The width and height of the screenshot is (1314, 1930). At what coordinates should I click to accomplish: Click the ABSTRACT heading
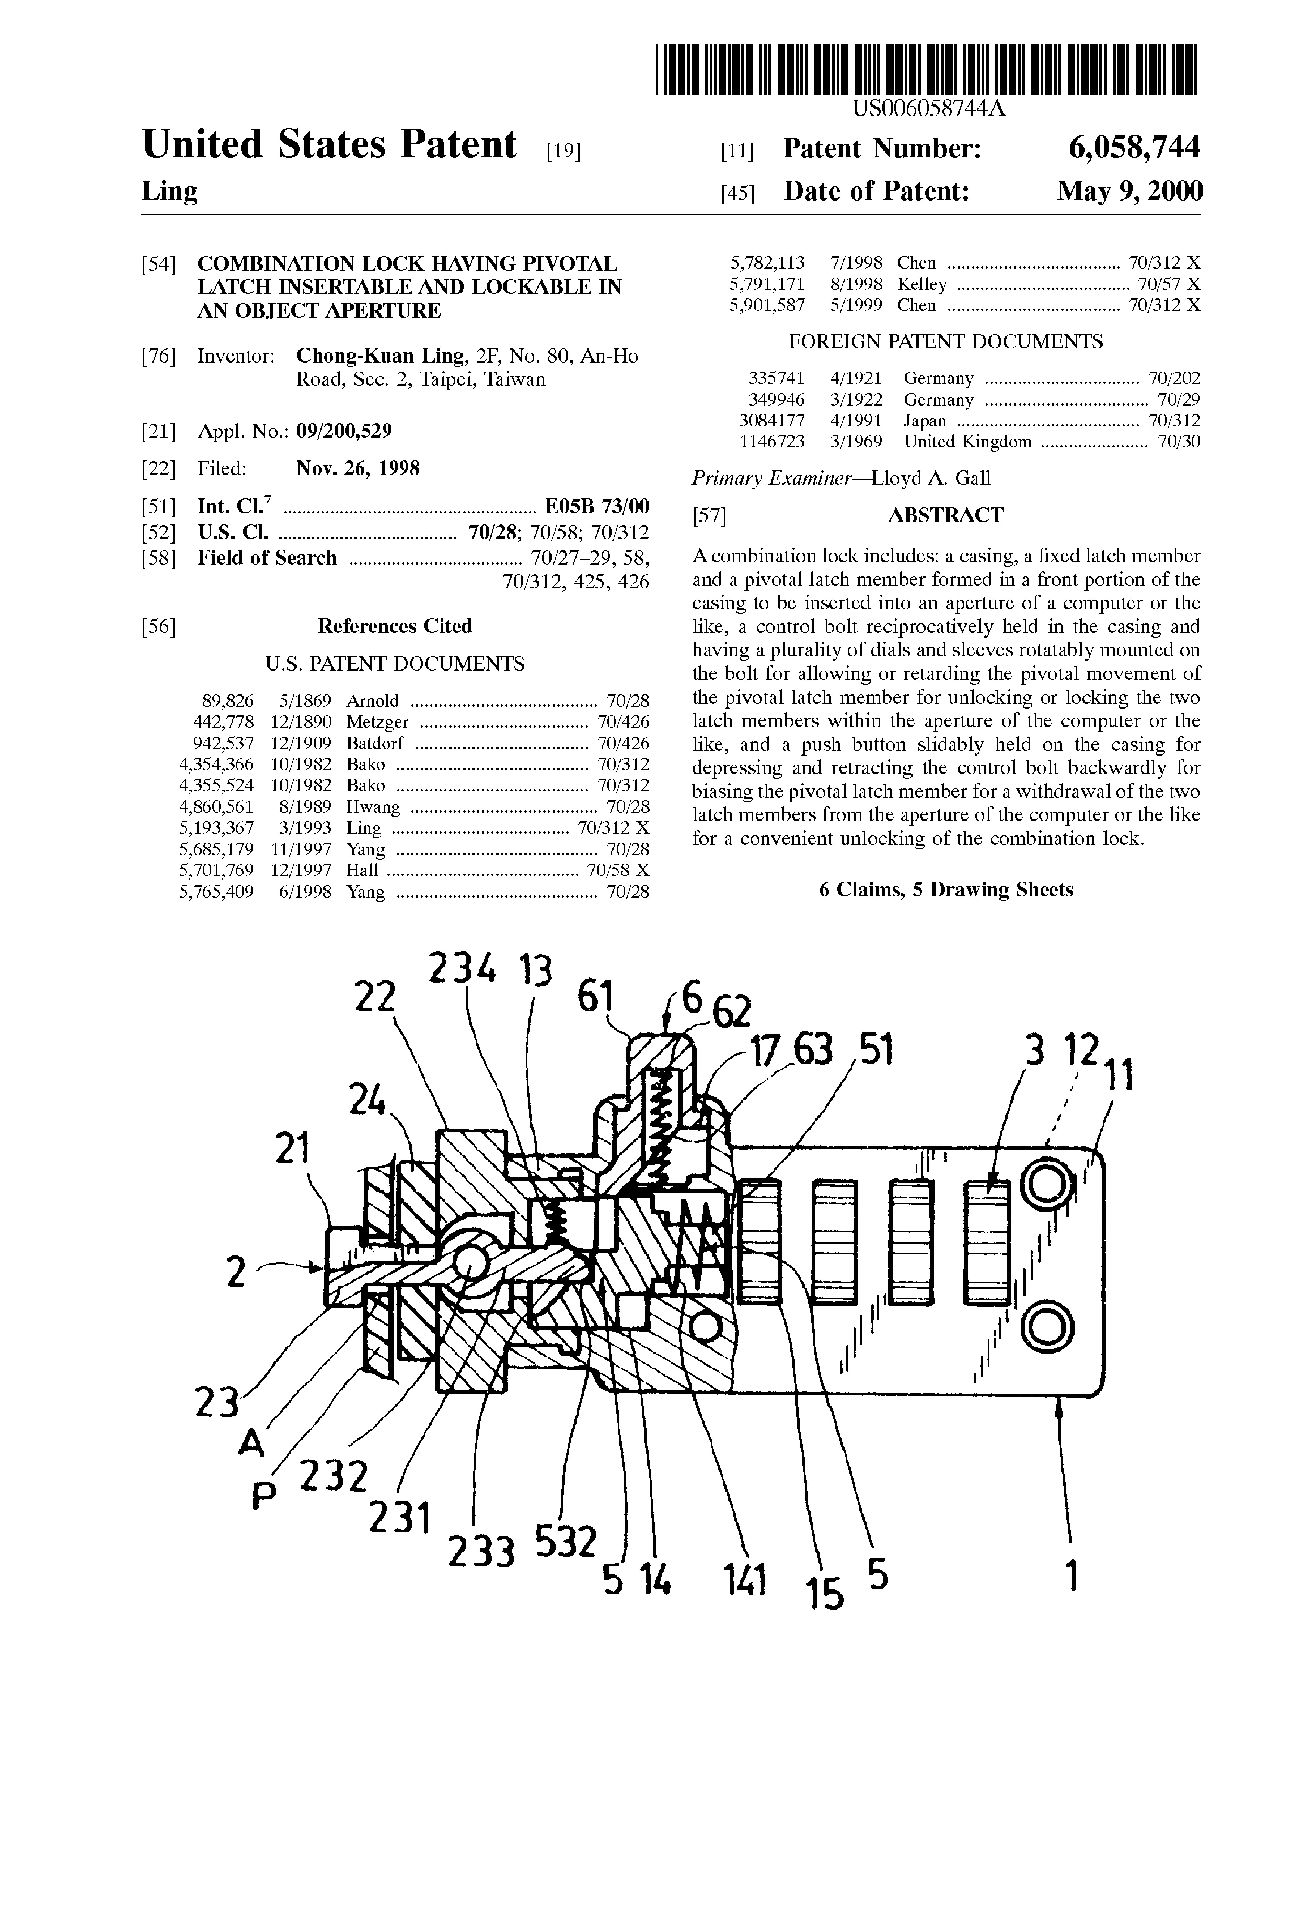[x=945, y=515]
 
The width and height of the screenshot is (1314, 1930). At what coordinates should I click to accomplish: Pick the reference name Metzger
[x=377, y=722]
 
